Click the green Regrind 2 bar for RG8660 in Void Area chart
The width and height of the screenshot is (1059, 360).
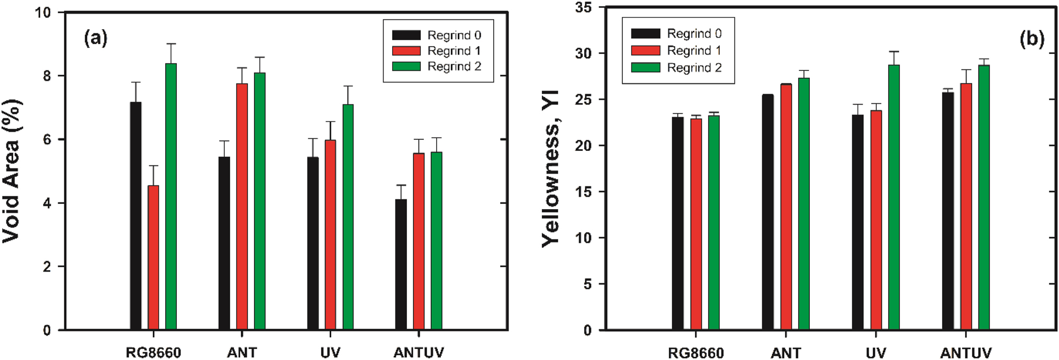[x=171, y=196]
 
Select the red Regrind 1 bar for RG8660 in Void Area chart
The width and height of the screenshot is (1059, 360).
[x=153, y=257]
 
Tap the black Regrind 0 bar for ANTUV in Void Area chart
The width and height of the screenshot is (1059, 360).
[x=401, y=264]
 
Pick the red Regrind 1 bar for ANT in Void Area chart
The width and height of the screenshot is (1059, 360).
[x=242, y=206]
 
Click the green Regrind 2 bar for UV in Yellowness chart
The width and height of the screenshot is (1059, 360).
[x=893, y=197]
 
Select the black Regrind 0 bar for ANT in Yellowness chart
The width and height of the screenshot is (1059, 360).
[x=767, y=212]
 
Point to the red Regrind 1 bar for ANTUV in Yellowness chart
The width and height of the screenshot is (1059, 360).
[x=966, y=206]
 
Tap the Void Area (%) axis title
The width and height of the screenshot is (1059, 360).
[x=12, y=171]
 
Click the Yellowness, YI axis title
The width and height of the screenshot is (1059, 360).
[x=550, y=168]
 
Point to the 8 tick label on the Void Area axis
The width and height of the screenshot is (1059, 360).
[x=47, y=76]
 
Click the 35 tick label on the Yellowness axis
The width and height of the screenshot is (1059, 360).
[x=584, y=8]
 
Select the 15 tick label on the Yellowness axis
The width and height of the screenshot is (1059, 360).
[x=584, y=192]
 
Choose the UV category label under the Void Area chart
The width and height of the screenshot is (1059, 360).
[x=330, y=353]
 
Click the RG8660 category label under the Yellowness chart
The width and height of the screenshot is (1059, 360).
[x=695, y=353]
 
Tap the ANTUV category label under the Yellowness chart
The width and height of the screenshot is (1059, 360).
[x=965, y=353]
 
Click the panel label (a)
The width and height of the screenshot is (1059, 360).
[x=96, y=38]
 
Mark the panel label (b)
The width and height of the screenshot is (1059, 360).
[x=1031, y=39]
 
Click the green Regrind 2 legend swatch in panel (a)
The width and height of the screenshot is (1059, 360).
[x=406, y=67]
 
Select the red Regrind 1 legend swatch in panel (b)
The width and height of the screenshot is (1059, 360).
[x=645, y=51]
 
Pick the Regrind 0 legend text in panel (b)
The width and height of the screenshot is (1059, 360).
[x=694, y=34]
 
